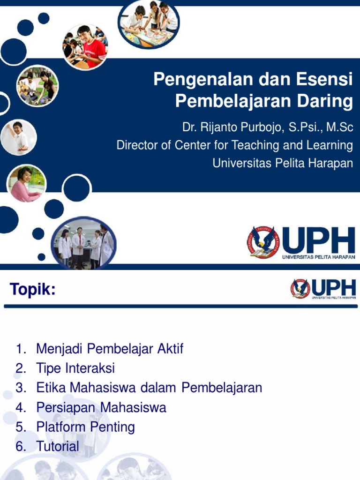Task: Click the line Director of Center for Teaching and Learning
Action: [x=234, y=145]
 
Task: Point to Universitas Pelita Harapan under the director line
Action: [x=283, y=163]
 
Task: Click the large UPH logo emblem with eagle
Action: [x=263, y=242]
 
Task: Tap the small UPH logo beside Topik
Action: [x=300, y=289]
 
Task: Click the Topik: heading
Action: [x=32, y=291]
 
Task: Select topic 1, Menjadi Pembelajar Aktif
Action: [x=110, y=349]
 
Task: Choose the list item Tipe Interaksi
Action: [x=75, y=368]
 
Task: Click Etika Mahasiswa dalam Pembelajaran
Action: [x=149, y=388]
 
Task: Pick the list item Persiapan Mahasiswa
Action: [x=101, y=407]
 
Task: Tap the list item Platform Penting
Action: [x=85, y=427]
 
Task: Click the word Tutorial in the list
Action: [x=58, y=446]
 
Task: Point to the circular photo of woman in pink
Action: [x=26, y=183]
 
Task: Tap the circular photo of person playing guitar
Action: [x=37, y=86]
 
